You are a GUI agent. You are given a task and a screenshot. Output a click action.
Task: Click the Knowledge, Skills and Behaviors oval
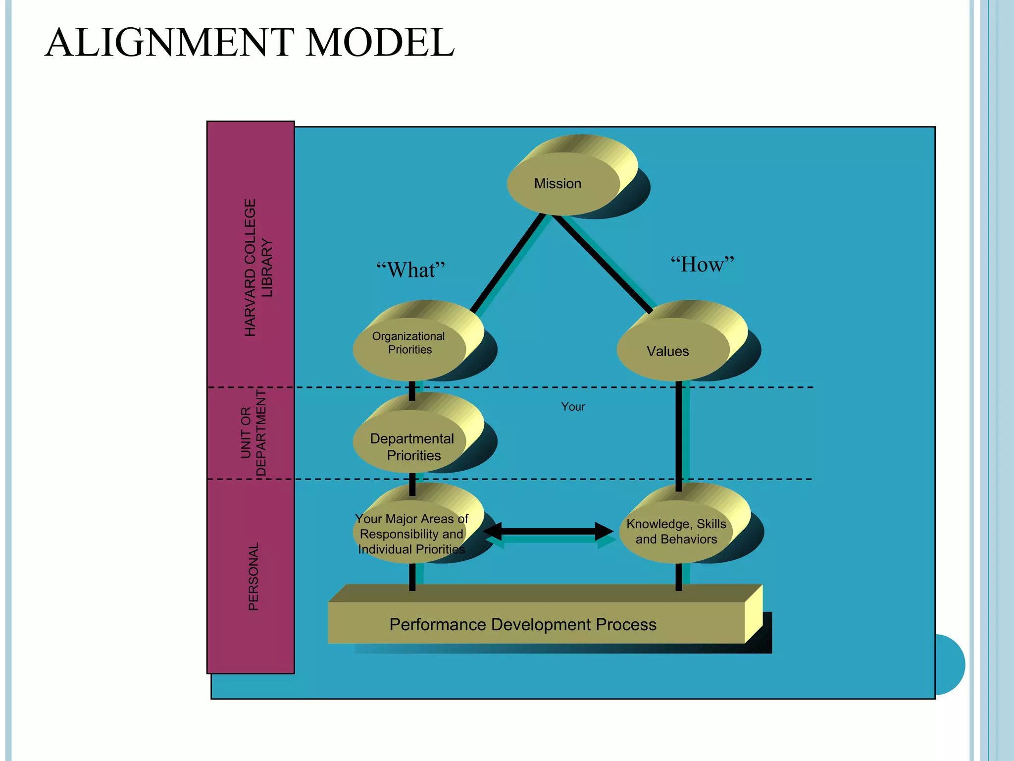676,532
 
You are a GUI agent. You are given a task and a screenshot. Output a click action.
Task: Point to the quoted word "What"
410,270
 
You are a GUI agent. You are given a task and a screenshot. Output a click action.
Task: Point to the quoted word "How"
702,264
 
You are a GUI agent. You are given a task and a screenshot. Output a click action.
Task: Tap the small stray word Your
573,407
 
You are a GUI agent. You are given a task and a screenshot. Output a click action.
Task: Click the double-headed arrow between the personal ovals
548,531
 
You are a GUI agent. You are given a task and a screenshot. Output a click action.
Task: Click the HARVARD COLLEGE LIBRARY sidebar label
258,268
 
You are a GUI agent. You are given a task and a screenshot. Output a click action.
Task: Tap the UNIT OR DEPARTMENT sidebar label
253,433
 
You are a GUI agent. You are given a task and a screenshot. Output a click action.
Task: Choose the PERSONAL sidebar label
253,576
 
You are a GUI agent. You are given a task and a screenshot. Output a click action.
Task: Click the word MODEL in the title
380,43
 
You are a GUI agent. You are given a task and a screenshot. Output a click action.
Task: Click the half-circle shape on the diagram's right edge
950,664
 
